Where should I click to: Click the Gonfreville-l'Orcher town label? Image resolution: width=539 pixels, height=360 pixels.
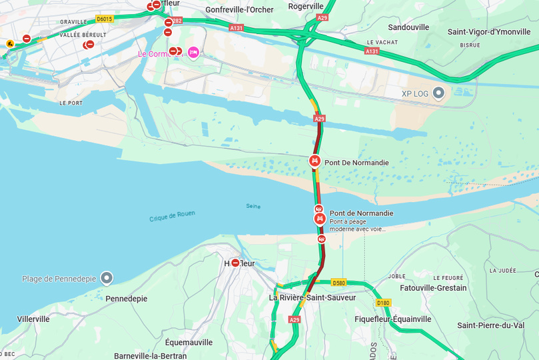[x=239, y=9]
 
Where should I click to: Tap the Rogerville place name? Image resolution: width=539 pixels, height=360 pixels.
[x=306, y=6]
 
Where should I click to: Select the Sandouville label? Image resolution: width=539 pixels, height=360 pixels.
[x=408, y=27]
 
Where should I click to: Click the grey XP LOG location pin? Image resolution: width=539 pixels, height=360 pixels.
[x=438, y=93]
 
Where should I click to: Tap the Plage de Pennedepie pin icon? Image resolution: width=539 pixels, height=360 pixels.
[x=107, y=278]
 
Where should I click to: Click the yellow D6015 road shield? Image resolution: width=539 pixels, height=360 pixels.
[x=104, y=19]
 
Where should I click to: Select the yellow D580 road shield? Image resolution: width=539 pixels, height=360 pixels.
[x=338, y=282]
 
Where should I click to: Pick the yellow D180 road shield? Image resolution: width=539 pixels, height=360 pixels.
[x=383, y=303]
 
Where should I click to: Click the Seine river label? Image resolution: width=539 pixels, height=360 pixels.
[x=253, y=206]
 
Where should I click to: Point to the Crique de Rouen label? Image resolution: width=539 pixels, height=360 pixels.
[x=172, y=215]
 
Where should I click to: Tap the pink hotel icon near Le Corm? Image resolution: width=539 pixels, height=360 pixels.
[x=193, y=52]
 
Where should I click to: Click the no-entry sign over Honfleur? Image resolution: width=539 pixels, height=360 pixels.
[x=235, y=263]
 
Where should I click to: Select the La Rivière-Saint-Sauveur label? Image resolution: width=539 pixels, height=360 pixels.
[x=312, y=297]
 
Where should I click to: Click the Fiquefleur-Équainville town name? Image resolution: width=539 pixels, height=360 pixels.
[x=392, y=319]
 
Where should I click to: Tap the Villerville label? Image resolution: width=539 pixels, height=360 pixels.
[x=33, y=319]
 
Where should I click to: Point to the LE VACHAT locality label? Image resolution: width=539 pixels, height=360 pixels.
[x=382, y=42]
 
